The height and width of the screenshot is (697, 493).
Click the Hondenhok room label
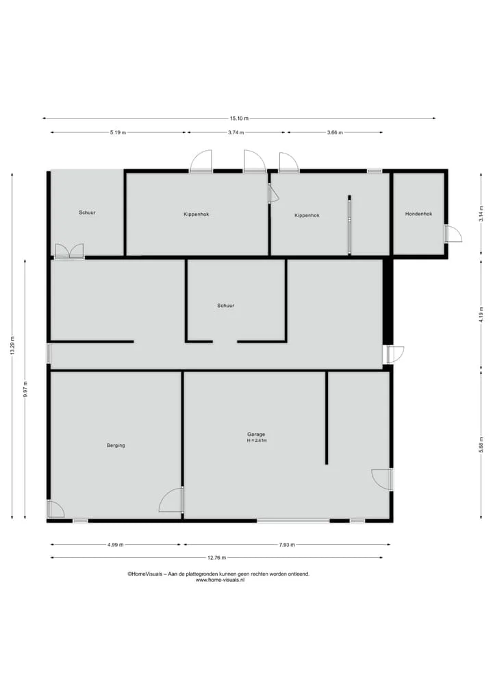pyautogui.click(x=418, y=214)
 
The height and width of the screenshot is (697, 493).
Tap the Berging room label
pyautogui.click(x=116, y=445)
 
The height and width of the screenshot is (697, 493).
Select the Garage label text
pyautogui.click(x=256, y=435)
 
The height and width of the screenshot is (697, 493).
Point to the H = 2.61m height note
pyautogui.click(x=257, y=441)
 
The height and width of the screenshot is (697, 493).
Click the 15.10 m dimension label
pyautogui.click(x=239, y=119)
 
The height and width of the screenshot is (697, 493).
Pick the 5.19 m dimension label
pyautogui.click(x=118, y=132)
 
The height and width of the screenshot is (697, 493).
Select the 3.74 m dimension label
pyautogui.click(x=236, y=132)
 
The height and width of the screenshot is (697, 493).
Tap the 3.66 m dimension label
pyautogui.click(x=335, y=132)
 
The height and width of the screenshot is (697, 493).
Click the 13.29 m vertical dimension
pyautogui.click(x=12, y=345)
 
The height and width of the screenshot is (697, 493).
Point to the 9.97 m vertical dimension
pyautogui.click(x=25, y=389)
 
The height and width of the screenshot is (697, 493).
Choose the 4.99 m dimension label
pyautogui.click(x=116, y=545)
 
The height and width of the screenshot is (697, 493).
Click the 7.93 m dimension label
pyautogui.click(x=287, y=545)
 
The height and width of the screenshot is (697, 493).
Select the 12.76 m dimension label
pyautogui.click(x=217, y=557)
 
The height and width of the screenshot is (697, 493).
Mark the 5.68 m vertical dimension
pyautogui.click(x=481, y=445)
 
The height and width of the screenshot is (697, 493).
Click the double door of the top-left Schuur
pyautogui.click(x=69, y=251)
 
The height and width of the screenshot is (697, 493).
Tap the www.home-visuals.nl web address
pyautogui.click(x=220, y=580)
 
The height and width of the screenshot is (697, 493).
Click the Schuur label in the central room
pyautogui.click(x=226, y=306)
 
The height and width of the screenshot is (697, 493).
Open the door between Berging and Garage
pyautogui.click(x=171, y=500)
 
